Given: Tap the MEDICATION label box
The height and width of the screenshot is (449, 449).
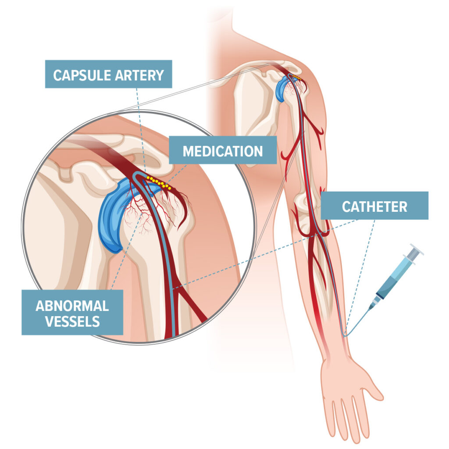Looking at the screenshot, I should click(223, 151).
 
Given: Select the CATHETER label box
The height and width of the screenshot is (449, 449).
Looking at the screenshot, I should click(374, 206).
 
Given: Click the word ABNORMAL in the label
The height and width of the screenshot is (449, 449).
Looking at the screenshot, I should click(72, 306).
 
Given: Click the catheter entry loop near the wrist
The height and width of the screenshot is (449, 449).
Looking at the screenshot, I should click(346, 334).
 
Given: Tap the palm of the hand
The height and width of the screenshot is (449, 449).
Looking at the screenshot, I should click(346, 386).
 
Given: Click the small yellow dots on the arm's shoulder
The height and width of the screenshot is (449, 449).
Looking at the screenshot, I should click(298, 78).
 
